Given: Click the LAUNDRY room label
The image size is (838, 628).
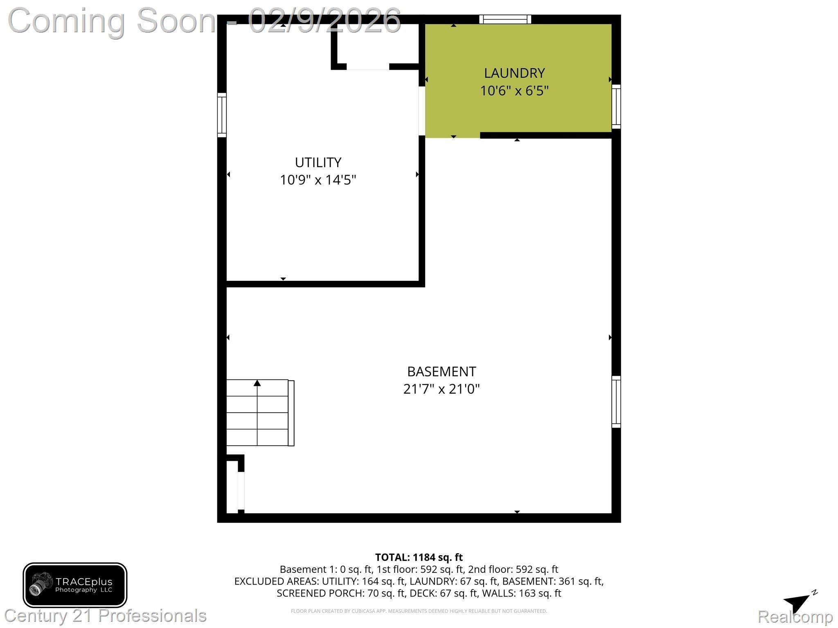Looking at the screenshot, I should coord(514,73).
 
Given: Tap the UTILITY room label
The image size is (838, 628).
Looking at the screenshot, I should coord(318,163).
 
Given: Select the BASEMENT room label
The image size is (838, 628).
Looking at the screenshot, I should coord(442,372).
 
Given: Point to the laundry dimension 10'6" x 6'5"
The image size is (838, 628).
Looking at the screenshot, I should coord(514,90).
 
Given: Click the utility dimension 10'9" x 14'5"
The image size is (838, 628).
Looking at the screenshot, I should coord(318,180).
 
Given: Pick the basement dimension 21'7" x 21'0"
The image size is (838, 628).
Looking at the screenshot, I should coord(442,389).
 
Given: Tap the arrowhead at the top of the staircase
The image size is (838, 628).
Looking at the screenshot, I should coord(257,383).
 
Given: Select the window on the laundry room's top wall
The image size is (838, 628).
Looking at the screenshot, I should coord(505,19).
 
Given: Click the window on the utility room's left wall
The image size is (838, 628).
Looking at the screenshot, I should coord(222,115).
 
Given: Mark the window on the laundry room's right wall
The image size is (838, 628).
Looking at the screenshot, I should coord(616,107).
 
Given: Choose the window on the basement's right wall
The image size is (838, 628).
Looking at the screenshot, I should coord(616,402).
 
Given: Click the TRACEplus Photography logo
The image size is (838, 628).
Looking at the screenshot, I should coord(75,585).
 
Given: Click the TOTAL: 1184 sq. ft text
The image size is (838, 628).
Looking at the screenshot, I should coord(419,557).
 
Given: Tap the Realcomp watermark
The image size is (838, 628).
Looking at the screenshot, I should coord(795,616).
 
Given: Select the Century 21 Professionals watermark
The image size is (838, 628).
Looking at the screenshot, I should coord(105,616).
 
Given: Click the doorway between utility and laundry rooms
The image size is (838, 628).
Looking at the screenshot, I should coord(422,110).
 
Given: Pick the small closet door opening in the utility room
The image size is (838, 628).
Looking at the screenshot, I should coord(368,67).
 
